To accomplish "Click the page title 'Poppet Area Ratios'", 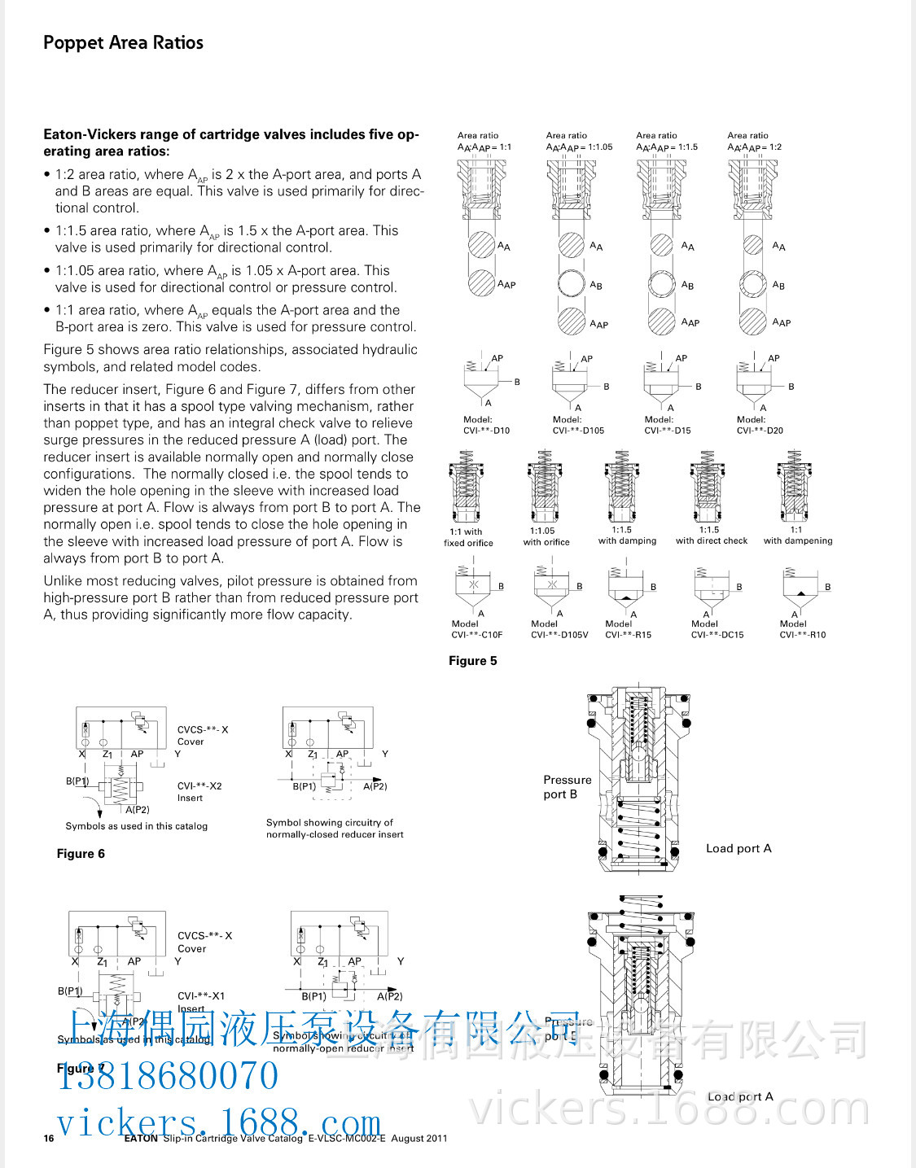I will (x=123, y=42).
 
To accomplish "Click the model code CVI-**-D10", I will (x=486, y=431).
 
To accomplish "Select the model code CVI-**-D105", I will (x=578, y=431).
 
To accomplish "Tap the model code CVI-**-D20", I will (x=760, y=431).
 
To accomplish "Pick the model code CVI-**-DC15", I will (x=717, y=635).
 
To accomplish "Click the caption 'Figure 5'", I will (x=472, y=661).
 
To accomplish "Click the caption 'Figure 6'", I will (x=81, y=853).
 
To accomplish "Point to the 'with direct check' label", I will (x=711, y=540).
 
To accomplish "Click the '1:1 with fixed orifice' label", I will (x=467, y=537).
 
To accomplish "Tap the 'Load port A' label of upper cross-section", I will (x=738, y=848).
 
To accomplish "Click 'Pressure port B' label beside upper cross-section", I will (x=567, y=786).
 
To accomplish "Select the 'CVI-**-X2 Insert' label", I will (x=199, y=791).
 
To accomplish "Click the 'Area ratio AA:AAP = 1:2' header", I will (x=754, y=142).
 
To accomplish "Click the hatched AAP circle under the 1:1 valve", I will (x=481, y=282).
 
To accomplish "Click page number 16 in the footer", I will (x=49, y=1138).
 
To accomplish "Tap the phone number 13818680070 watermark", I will (x=168, y=1075).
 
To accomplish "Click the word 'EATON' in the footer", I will (x=141, y=1138).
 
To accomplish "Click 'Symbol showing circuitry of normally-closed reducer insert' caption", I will (x=335, y=829).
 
